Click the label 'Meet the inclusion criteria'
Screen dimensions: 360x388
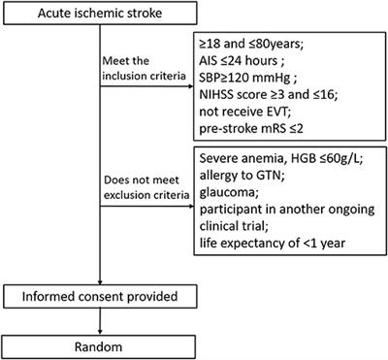click(136, 71)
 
